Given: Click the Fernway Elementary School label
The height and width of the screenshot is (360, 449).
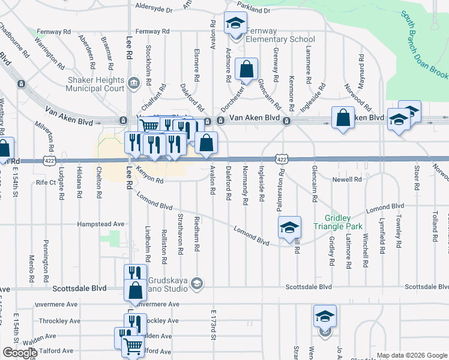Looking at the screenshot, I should pyautogui.click(x=273, y=35).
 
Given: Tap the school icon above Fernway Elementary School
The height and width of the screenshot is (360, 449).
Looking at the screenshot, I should pyautogui.click(x=235, y=23).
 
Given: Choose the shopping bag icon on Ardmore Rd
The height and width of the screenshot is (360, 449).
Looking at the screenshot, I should pyautogui.click(x=246, y=69).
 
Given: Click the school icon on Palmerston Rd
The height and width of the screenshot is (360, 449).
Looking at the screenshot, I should pyautogui.click(x=289, y=227).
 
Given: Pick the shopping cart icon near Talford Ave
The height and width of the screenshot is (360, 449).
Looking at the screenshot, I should pyautogui.click(x=132, y=345).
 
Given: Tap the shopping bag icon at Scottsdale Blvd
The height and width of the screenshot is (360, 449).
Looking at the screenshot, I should pyautogui.click(x=136, y=290).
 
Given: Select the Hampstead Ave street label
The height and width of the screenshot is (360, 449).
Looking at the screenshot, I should pyautogui.click(x=100, y=224).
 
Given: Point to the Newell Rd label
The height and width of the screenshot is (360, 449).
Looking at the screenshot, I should pyautogui.click(x=348, y=179).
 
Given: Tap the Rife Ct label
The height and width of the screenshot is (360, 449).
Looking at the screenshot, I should pyautogui.click(x=46, y=182).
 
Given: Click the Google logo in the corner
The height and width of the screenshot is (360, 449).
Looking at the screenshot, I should pyautogui.click(x=20, y=353).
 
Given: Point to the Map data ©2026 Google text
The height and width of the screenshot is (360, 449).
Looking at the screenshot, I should pyautogui.click(x=411, y=355).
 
